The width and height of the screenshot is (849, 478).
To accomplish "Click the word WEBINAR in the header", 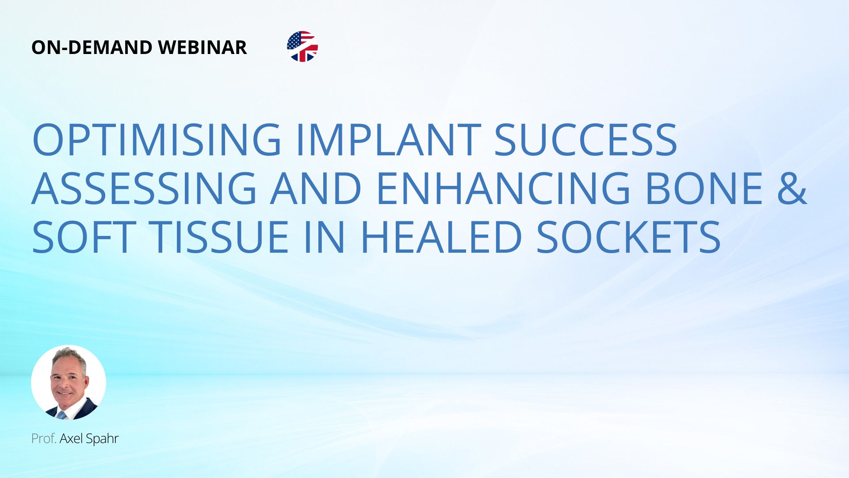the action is click(x=202, y=47).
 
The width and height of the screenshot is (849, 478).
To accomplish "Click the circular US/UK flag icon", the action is click(x=302, y=46).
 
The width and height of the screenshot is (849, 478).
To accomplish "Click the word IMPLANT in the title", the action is click(x=388, y=139).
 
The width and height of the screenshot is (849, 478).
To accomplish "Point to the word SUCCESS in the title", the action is click(x=586, y=139).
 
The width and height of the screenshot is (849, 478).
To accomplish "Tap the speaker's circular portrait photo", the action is click(x=69, y=382).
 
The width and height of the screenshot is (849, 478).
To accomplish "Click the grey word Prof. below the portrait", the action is click(x=44, y=439).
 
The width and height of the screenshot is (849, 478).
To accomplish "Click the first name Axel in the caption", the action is click(x=71, y=439).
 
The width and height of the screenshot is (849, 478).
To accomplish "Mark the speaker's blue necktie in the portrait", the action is click(x=61, y=415).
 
